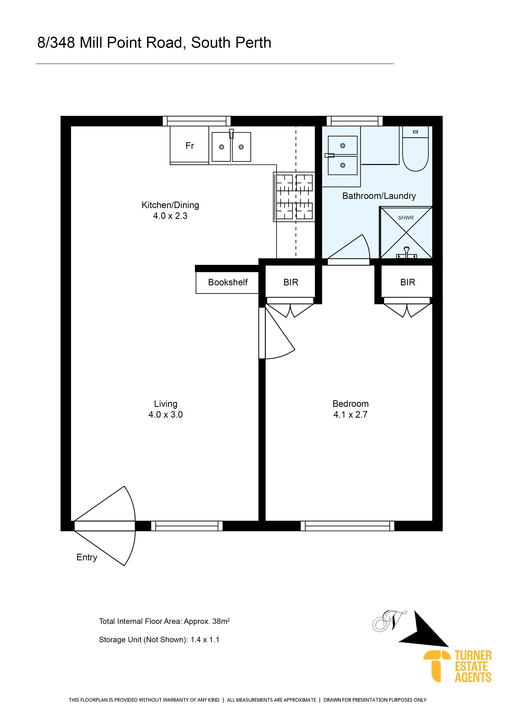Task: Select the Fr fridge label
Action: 190,145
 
